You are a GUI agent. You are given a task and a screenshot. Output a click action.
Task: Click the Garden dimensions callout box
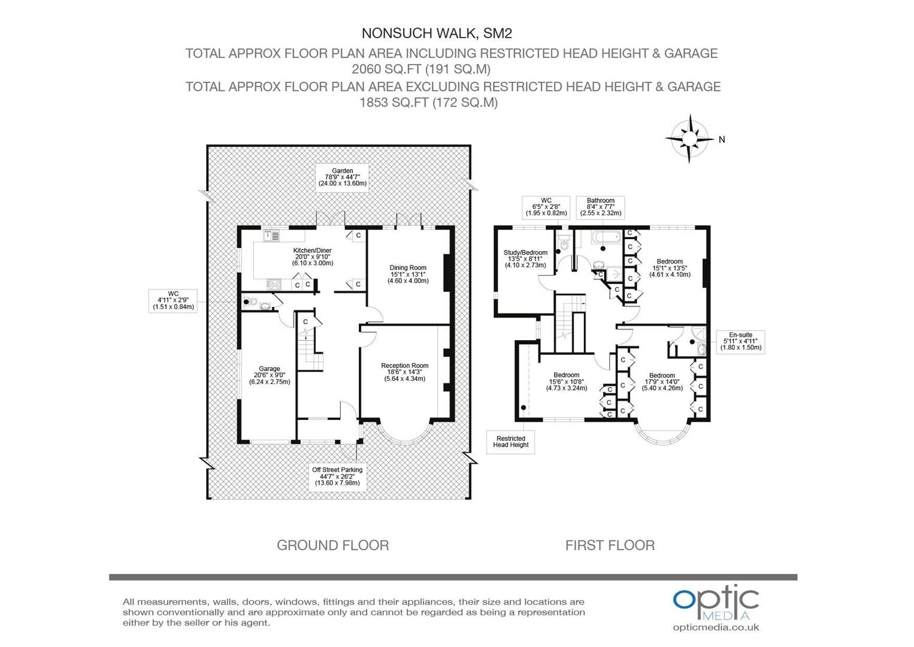coord(343,177)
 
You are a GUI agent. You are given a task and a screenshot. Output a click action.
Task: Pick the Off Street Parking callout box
coord(337,477)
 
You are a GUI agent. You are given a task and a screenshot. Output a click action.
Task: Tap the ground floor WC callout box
coord(173,301)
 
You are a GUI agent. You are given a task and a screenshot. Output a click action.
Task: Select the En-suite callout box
coord(740,341)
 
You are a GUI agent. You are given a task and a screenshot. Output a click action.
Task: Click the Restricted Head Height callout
coord(510,442)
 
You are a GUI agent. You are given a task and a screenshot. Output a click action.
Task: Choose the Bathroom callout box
coord(600,207)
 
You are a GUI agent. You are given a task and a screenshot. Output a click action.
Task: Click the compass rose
coord(689,138)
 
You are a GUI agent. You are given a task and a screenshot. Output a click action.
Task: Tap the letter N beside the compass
coord(722,140)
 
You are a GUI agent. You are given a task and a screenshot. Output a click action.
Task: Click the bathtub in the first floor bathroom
coord(607,237)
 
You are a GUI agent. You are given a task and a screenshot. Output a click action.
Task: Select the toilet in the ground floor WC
coord(250,303)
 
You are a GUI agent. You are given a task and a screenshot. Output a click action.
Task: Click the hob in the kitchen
coord(274,284)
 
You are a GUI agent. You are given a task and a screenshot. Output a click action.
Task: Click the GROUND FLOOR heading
coord(332,545)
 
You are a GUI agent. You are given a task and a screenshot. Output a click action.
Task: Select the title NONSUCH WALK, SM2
coord(437,33)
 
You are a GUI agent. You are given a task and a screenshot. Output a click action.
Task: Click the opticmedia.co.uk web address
coord(716,627)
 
